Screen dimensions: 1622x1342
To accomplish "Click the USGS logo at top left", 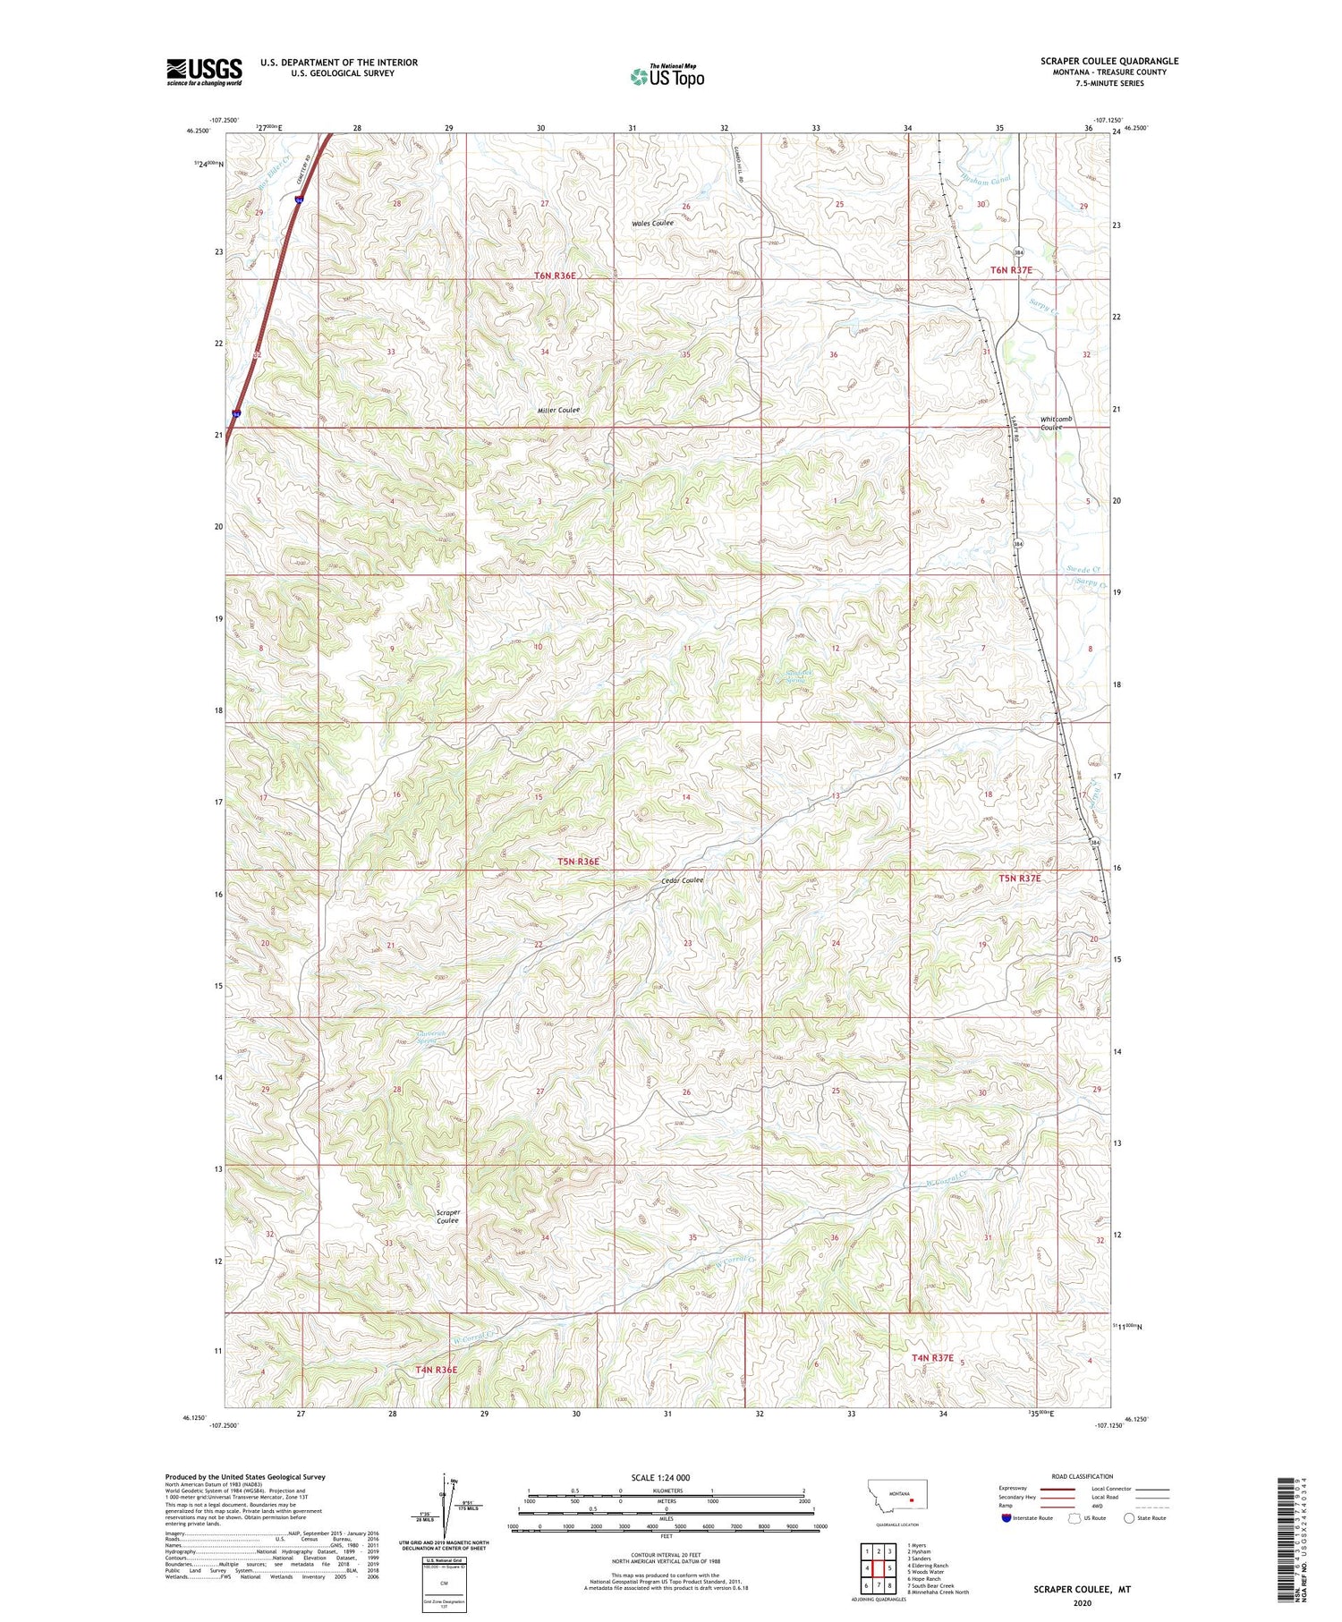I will [204, 72].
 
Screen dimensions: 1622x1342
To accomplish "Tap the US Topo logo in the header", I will [667, 77].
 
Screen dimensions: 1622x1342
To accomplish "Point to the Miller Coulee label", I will [558, 411].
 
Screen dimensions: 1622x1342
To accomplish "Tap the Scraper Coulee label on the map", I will [447, 1217].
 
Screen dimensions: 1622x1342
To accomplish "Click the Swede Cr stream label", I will [1083, 569].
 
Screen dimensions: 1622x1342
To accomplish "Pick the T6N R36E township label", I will [555, 276].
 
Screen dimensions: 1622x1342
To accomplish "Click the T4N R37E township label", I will [932, 1357].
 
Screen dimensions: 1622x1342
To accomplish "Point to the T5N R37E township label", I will [1021, 878].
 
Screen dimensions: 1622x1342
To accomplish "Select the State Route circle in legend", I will [1130, 1518].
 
